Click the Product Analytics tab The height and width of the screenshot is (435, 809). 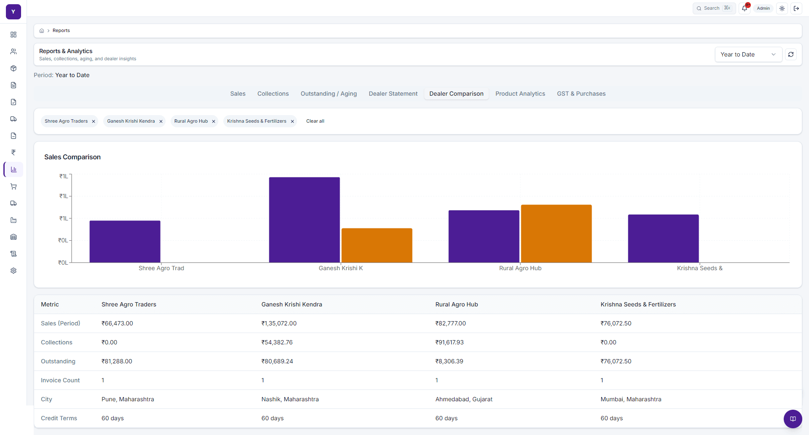click(x=520, y=94)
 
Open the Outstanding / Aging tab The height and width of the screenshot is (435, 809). click(x=329, y=94)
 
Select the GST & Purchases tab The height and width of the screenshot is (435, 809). click(x=581, y=94)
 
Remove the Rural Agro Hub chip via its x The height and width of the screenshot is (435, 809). click(x=214, y=121)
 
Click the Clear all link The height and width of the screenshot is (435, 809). click(x=315, y=121)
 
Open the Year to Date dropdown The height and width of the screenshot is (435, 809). click(x=748, y=54)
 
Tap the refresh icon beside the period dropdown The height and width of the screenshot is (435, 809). click(x=791, y=54)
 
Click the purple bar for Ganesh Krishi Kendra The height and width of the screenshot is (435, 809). click(x=304, y=220)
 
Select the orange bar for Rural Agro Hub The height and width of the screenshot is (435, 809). click(x=556, y=234)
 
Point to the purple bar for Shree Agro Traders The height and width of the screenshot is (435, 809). click(x=125, y=242)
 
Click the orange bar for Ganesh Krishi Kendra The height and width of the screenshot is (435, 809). click(x=377, y=245)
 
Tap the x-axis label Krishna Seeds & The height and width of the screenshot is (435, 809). click(x=699, y=268)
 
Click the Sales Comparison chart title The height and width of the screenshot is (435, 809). click(x=72, y=157)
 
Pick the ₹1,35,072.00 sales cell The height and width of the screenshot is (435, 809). click(x=279, y=323)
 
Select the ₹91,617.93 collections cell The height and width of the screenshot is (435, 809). click(x=449, y=342)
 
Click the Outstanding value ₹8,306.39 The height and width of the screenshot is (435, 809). click(x=449, y=361)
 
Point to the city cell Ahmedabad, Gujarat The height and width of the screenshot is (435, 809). click(x=463, y=399)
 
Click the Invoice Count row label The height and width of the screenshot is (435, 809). click(x=60, y=380)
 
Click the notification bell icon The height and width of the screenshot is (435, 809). click(x=745, y=8)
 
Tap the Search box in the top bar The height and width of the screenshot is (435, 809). click(x=714, y=8)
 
